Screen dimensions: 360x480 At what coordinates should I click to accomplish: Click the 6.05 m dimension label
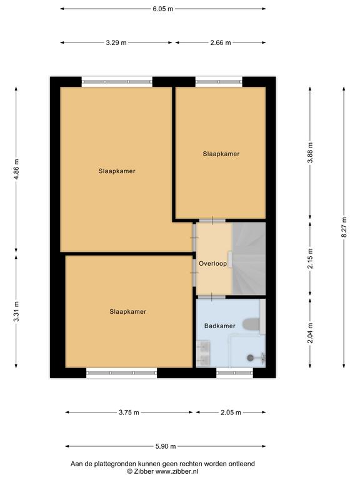click(163, 9)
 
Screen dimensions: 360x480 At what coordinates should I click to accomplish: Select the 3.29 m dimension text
click(116, 43)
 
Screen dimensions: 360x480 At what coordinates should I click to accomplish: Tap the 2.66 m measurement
click(221, 43)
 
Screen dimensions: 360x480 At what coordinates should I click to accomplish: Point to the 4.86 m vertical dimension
click(16, 169)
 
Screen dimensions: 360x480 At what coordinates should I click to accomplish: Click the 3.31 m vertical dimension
click(16, 311)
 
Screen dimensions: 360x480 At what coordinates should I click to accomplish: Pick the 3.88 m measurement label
click(310, 152)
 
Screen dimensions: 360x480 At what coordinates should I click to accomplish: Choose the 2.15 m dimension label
click(310, 259)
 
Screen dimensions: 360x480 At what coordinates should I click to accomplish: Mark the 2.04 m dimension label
click(310, 332)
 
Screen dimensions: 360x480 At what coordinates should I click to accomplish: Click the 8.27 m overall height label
click(344, 227)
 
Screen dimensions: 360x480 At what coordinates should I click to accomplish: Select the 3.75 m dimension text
click(129, 412)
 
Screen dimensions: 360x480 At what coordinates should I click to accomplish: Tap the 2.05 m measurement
click(231, 412)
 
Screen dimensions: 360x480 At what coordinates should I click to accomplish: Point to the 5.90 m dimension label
click(166, 446)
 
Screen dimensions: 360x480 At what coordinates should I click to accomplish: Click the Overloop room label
click(212, 264)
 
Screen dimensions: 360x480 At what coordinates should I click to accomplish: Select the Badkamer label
click(220, 326)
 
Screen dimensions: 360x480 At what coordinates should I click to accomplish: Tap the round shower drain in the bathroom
click(251, 357)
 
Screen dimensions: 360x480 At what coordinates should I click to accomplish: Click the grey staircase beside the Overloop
click(249, 259)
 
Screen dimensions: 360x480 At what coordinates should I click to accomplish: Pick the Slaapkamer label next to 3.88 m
click(221, 154)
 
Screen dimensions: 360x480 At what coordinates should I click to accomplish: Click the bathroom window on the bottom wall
click(235, 372)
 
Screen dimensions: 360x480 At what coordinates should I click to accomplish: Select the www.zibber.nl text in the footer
click(177, 471)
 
